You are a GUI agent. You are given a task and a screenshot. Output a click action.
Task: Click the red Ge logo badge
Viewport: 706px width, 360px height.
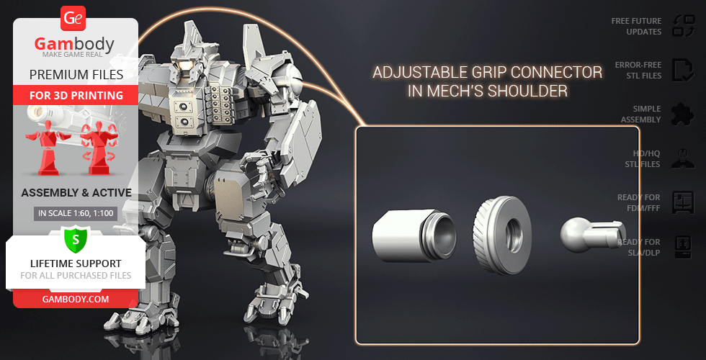[73, 19]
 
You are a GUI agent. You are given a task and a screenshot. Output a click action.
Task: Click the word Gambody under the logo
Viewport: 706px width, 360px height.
[74, 44]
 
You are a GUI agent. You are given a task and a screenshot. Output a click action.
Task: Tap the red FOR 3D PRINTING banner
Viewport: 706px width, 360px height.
[76, 95]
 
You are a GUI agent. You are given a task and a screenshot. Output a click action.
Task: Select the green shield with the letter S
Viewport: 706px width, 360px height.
[76, 239]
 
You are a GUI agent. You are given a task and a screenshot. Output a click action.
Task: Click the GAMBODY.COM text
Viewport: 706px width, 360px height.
[76, 299]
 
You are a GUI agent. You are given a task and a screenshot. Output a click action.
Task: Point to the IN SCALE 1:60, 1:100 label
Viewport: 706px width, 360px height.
[76, 213]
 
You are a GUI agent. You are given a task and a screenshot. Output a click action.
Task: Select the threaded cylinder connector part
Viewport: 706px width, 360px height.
[414, 235]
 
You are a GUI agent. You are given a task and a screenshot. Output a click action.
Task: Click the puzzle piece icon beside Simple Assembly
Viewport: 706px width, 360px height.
[683, 114]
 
